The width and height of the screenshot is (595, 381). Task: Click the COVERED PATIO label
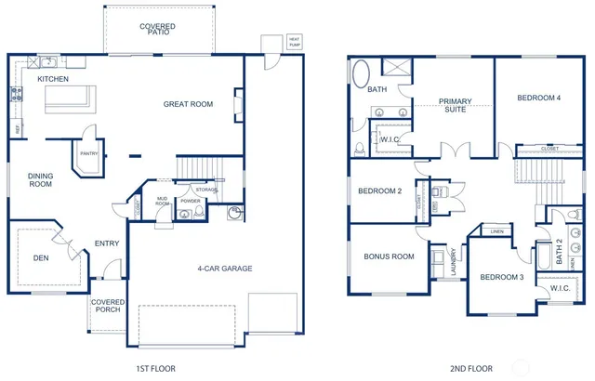point(157,31)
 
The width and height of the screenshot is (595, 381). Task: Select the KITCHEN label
point(53,80)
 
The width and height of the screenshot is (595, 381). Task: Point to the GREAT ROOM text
point(188,104)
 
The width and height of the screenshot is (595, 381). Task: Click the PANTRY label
point(88,154)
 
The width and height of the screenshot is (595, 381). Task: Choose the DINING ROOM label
point(40,180)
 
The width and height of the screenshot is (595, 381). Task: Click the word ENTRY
point(106,244)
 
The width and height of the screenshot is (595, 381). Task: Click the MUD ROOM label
point(163,203)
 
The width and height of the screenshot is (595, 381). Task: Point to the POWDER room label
point(190,201)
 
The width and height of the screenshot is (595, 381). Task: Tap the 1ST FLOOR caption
point(156,369)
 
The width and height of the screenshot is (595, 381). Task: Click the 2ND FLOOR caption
point(470,369)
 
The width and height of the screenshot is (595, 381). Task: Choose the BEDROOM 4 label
point(538,98)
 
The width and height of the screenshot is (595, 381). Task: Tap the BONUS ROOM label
point(389,256)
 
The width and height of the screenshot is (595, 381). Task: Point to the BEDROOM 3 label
point(502,277)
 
